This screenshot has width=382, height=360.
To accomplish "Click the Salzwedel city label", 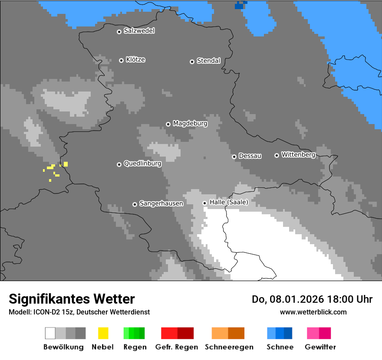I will coord(139,31).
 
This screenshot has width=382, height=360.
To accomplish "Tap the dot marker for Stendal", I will coord(192,62).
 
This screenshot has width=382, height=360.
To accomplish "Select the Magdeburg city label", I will coord(190,124).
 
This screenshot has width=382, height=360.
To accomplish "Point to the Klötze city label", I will coord(135,60).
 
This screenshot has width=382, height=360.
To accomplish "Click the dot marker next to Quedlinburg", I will coord(119,164).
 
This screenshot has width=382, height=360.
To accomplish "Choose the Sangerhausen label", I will coord(161,203).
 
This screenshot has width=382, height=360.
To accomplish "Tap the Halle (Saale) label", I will coord(229,202).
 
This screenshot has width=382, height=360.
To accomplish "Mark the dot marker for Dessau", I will coord(234,157).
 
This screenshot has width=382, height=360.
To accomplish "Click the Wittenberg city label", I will coord(298,155).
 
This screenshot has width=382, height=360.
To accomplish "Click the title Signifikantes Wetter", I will coord(72,299).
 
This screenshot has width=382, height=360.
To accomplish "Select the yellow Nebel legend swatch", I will coord(103,333).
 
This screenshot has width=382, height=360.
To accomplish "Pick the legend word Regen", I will coord(135,347).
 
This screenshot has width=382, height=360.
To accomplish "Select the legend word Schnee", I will coord(280,347).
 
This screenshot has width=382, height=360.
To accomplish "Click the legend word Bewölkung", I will coord(63,347).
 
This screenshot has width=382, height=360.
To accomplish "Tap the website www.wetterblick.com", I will coord(313,312).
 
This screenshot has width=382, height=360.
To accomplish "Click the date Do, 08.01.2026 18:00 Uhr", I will coord(312,299).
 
